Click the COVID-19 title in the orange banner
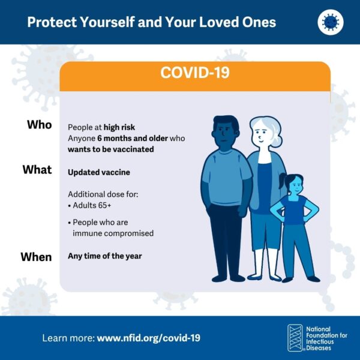click(x=194, y=73)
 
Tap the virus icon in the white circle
click(x=330, y=22)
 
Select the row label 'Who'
click(x=39, y=125)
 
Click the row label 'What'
click(x=37, y=170)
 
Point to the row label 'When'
click(x=36, y=257)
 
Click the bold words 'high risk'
click(x=119, y=127)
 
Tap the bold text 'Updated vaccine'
click(x=98, y=172)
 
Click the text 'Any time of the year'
click(x=104, y=256)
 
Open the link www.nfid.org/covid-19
click(x=148, y=338)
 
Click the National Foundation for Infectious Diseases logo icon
click(x=295, y=338)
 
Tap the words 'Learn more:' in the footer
click(x=68, y=338)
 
